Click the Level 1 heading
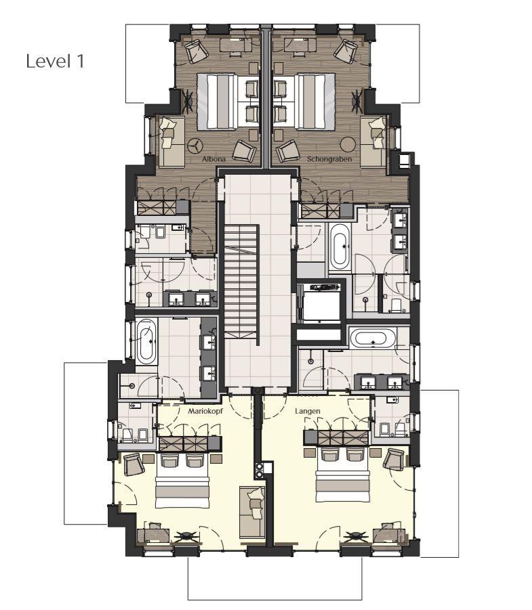(55, 62)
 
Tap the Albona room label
(213, 159)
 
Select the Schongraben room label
(329, 159)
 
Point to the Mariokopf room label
(205, 411)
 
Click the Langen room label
(307, 411)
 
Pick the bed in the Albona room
(218, 102)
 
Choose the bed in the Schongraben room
(314, 102)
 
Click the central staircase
(241, 284)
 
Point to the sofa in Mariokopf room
(251, 513)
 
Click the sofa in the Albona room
(171, 141)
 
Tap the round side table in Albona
(195, 146)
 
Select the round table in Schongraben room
(348, 145)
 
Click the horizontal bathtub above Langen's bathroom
(373, 338)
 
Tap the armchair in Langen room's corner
(393, 459)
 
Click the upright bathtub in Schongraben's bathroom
(340, 247)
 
